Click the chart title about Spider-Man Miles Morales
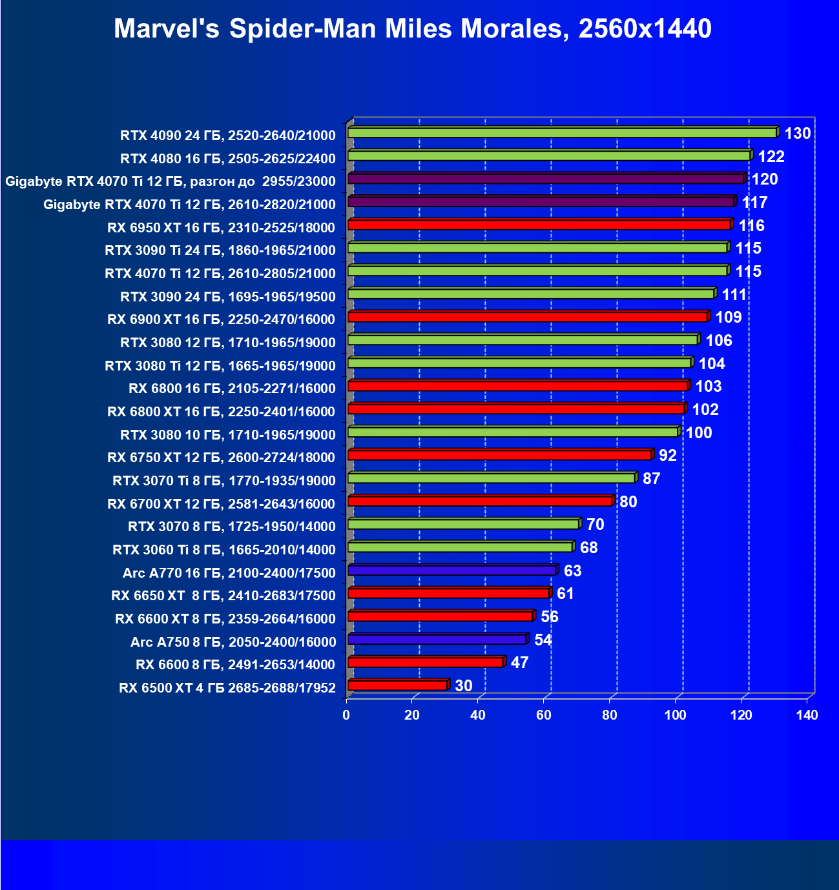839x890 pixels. click(413, 29)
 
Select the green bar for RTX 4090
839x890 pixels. click(562, 132)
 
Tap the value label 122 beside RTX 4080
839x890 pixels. click(771, 157)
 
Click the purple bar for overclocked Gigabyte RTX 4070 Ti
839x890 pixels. click(546, 179)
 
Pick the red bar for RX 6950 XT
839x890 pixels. click(539, 225)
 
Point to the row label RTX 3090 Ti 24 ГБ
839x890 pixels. click(220, 250)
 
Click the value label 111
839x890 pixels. click(734, 295)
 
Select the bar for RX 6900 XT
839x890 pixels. click(528, 317)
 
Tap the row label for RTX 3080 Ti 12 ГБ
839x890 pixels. click(220, 366)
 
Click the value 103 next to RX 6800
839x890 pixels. click(709, 387)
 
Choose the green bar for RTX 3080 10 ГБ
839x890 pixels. click(513, 432)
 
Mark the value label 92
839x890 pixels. click(668, 456)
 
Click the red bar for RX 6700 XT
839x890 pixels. click(480, 501)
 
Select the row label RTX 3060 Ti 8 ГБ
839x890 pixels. click(224, 550)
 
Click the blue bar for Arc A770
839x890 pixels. click(452, 571)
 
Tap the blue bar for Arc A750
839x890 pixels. click(437, 640)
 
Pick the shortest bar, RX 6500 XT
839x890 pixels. click(397, 685)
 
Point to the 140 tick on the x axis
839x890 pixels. click(807, 715)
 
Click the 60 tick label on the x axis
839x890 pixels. click(544, 715)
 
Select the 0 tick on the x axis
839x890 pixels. click(347, 715)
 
